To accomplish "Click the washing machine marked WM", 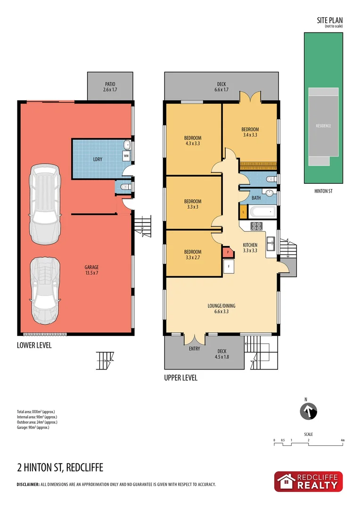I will tap(126, 155).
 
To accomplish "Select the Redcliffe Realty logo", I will tap(308, 482).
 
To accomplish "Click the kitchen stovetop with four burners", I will tap(256, 225).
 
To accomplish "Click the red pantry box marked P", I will tap(228, 252).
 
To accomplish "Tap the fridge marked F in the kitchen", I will tap(229, 266).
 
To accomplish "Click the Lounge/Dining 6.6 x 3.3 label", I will tap(221, 308).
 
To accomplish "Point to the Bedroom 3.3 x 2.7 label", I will tap(193, 254).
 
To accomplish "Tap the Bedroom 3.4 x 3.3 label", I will tap(250, 132).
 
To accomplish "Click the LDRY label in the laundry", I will tap(98, 159).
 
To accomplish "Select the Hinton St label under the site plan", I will tap(323, 191).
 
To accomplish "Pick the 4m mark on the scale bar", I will tap(343, 440).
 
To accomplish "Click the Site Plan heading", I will tap(329, 20).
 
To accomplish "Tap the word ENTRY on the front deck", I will tap(194, 349).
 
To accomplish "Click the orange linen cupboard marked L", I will tap(243, 212).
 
